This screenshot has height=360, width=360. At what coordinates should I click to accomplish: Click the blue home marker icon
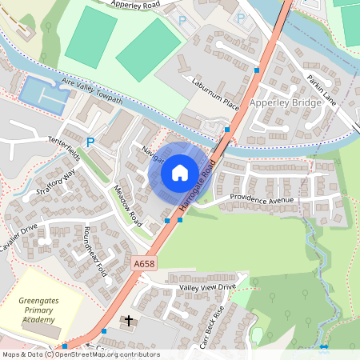(x=180, y=173)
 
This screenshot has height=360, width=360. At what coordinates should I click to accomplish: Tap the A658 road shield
(x=144, y=262)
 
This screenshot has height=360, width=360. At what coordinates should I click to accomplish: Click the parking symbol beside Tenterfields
(x=90, y=142)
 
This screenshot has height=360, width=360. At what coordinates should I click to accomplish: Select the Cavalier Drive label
(x=19, y=242)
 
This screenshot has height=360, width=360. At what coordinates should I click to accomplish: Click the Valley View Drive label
(x=208, y=286)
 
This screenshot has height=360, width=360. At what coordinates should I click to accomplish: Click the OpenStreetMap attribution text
(x=80, y=354)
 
